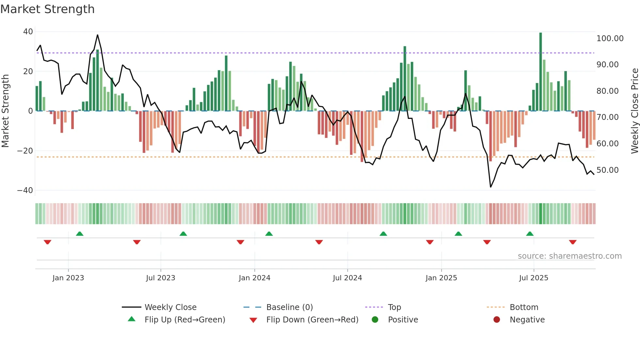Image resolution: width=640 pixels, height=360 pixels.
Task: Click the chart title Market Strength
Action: (x=47, y=9)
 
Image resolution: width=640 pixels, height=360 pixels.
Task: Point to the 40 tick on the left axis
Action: (x=28, y=32)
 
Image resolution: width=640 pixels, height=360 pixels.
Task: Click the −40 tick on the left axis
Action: (x=25, y=190)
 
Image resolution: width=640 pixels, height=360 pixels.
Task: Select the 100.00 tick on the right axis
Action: (x=610, y=39)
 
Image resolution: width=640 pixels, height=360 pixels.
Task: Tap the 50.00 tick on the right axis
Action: (x=607, y=170)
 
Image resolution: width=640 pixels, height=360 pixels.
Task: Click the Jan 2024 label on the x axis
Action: (x=254, y=278)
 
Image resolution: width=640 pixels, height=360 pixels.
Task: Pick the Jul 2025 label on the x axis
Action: (x=534, y=278)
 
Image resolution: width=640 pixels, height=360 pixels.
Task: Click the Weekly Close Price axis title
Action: (x=634, y=111)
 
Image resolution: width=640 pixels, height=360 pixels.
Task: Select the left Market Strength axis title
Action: (x=6, y=111)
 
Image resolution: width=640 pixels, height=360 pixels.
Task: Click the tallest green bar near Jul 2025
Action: (x=540, y=72)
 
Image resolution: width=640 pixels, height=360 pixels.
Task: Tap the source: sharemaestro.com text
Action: (x=569, y=256)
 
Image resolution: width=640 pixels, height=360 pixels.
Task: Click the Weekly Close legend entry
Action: (x=170, y=307)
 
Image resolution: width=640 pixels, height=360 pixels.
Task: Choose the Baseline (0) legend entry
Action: (x=289, y=307)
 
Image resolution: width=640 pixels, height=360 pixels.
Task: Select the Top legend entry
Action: (x=394, y=307)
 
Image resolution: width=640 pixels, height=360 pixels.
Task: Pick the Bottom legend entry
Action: (x=524, y=307)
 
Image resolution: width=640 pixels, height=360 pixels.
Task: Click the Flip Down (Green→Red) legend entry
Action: (x=312, y=320)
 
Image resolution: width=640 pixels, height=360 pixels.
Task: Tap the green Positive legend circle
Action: (x=375, y=320)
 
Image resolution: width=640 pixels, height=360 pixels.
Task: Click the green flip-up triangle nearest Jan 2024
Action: (x=269, y=234)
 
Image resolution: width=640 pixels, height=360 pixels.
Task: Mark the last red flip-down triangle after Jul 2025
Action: (x=572, y=242)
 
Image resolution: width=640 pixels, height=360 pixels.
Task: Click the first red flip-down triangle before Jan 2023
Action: (x=47, y=242)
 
